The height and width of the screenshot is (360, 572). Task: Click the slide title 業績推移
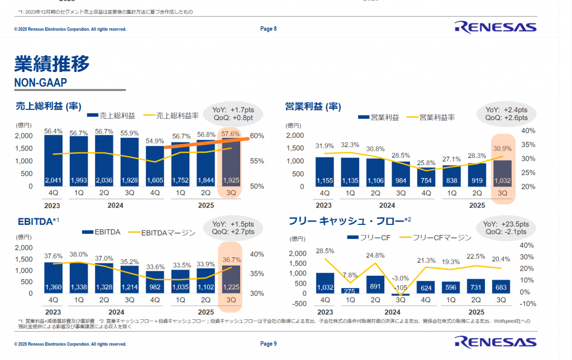51,64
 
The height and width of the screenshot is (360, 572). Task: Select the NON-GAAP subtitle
40,83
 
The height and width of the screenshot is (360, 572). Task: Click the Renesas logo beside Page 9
495,342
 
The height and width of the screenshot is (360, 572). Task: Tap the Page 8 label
269,29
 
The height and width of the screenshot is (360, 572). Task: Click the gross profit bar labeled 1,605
155,167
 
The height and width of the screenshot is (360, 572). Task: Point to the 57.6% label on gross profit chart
230,134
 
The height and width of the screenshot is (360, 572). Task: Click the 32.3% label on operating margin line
350,145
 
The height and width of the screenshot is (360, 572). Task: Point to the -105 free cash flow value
401,287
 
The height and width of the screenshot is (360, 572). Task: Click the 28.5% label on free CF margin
325,251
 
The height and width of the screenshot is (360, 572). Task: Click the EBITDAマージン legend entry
163,232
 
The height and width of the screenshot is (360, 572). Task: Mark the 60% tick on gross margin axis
257,136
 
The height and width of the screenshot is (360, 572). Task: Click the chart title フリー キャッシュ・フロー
346,222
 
